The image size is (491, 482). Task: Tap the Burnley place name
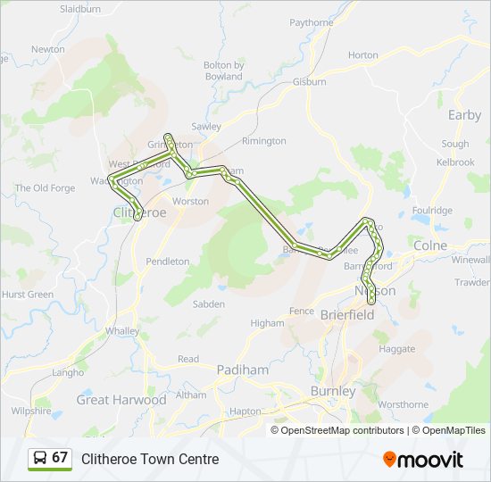(x=332, y=391)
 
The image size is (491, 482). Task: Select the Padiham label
(x=237, y=370)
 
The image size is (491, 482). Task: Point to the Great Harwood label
(x=121, y=400)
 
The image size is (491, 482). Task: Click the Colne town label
(x=430, y=245)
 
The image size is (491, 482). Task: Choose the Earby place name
(x=464, y=115)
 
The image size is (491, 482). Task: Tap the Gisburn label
(x=309, y=82)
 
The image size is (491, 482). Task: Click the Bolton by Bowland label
(x=223, y=71)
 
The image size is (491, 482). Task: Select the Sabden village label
(x=208, y=303)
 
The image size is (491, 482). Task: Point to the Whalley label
(x=122, y=330)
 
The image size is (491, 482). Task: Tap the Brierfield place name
(x=348, y=314)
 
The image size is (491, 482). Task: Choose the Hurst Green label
(x=28, y=294)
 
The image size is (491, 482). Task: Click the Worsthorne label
(x=404, y=404)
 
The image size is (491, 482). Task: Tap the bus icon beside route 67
(x=40, y=458)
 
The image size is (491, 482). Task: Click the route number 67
(x=60, y=458)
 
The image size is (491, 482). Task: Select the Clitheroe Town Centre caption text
(x=150, y=459)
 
